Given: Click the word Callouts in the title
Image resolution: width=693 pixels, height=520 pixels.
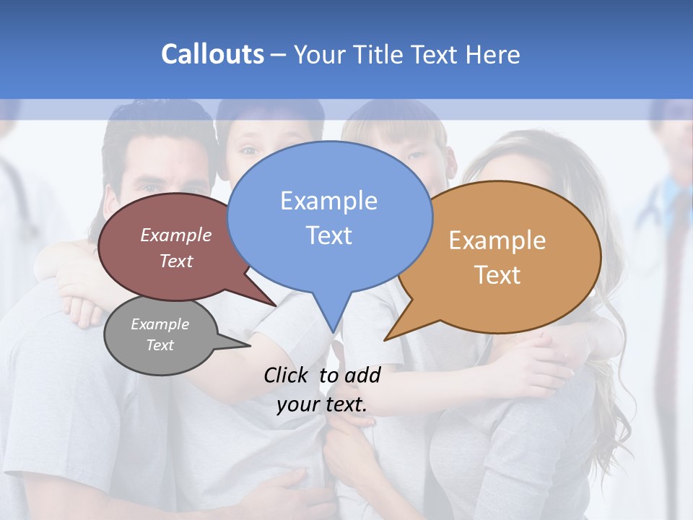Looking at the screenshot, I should [x=212, y=54].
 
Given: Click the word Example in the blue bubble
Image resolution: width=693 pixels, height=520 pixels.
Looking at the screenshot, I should [x=328, y=201].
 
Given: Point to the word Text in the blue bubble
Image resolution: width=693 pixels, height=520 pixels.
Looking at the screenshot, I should [x=328, y=235].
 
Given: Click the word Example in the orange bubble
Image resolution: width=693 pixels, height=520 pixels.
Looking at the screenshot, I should [x=497, y=240].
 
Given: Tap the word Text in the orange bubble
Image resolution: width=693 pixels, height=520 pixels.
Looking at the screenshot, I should [x=497, y=275].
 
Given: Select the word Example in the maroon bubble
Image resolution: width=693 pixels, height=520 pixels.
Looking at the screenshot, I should [x=175, y=235].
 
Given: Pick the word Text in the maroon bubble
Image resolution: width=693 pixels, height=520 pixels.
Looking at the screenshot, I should [x=175, y=261].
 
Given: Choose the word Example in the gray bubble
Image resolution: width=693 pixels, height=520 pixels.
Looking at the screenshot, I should [x=160, y=324].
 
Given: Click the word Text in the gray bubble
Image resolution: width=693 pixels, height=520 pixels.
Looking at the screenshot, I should [x=160, y=345].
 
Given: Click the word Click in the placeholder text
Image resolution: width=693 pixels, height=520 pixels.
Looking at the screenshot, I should [x=287, y=375].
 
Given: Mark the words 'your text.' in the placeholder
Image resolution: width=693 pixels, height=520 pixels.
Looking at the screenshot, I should [x=322, y=404].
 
